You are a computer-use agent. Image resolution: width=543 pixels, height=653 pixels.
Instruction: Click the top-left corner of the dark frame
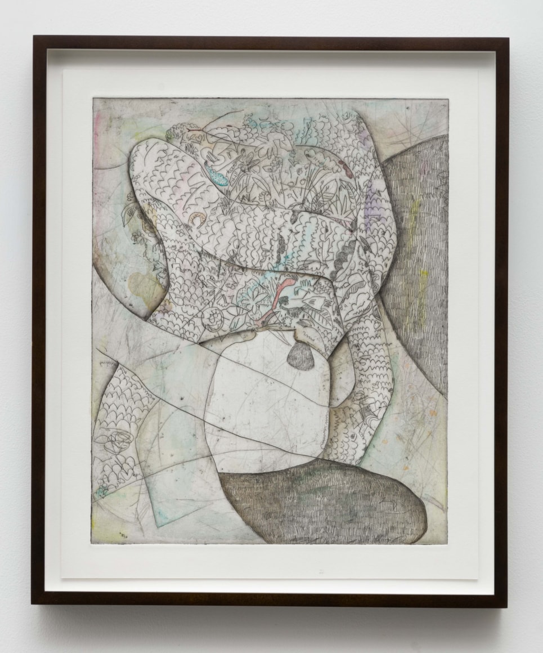34,38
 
